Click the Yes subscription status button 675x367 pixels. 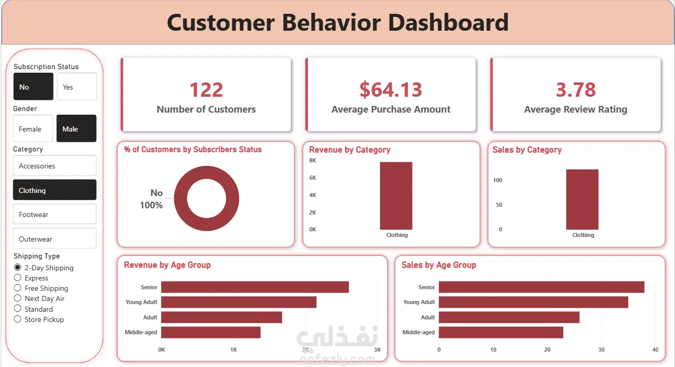pos(77,87)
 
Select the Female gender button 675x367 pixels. pos(33,128)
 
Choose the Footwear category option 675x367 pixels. pos(54,214)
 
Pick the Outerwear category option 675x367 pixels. pos(54,239)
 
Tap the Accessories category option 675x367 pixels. pos(54,166)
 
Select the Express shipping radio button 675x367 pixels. pos(18,278)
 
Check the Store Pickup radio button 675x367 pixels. pos(18,319)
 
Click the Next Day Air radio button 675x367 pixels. pos(18,298)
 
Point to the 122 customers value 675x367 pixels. pos(206,90)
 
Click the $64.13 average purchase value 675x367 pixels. pos(391,90)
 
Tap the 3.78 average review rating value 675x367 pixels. pos(576,90)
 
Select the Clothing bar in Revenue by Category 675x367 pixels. pos(396,196)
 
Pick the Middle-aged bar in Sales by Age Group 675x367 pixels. pos(501,332)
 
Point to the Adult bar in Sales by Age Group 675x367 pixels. pos(509,317)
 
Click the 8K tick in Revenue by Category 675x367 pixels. pos(313,161)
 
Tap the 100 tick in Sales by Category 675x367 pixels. pos(498,180)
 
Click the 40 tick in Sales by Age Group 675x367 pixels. pos(655,350)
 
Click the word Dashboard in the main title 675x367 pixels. pos(448,23)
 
